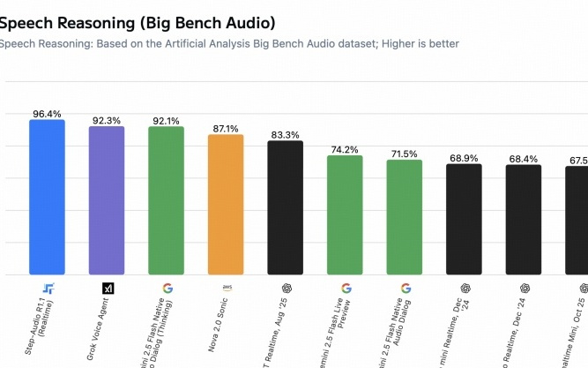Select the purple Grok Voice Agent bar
[x=107, y=200]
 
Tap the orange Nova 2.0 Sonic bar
[x=225, y=204]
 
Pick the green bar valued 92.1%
[x=166, y=200]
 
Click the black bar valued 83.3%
[x=285, y=207]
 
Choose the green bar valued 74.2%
[x=345, y=214]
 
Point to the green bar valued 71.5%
[x=405, y=217]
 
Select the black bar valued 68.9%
[x=464, y=219]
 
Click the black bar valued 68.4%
[x=524, y=220]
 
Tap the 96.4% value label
[x=47, y=114]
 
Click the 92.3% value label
[x=107, y=120]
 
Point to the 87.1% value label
[x=225, y=129]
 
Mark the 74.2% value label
[x=345, y=149]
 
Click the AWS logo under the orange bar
[x=225, y=288]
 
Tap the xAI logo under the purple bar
[x=107, y=288]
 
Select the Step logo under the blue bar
[x=47, y=288]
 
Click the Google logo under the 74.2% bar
[x=345, y=288]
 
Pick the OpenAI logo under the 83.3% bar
[x=285, y=288]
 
